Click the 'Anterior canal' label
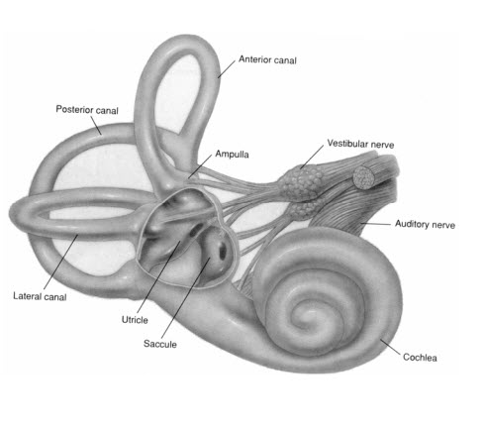pos(267,59)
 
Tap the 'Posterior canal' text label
pos(87,110)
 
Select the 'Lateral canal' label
pos(40,296)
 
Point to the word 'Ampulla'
pos(232,154)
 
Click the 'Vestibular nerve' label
pos(360,144)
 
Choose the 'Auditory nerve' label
pos(425,224)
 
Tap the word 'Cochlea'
pos(420,358)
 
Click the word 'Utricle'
pos(135,320)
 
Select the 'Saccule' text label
pos(160,344)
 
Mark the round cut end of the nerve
pos(363,177)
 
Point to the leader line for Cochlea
pos(390,347)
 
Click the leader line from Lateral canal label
pos(61,263)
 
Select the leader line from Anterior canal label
pos(227,69)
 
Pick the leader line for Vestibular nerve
pos(312,157)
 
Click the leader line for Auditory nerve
pos(375,224)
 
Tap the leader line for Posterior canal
pos(96,125)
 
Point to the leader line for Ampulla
pos(200,166)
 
